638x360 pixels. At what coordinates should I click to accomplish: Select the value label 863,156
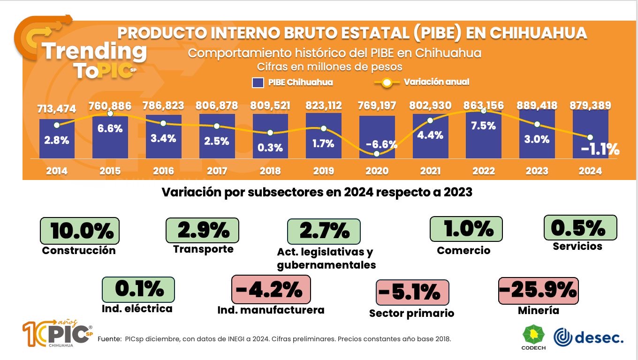point(484,105)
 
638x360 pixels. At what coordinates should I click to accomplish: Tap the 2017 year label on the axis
point(217,171)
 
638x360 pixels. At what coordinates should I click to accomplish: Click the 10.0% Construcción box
point(79,231)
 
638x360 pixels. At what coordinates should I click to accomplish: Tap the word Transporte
point(203,249)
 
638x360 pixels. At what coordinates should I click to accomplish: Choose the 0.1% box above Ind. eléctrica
point(138,290)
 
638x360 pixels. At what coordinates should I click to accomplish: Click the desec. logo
point(589,337)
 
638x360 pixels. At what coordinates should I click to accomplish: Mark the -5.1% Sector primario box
point(412,293)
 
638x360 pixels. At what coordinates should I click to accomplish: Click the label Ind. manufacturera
point(271,310)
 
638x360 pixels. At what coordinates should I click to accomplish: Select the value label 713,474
point(56,109)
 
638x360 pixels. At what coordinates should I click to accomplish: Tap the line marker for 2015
point(110,113)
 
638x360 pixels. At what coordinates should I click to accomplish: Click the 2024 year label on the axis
point(590,171)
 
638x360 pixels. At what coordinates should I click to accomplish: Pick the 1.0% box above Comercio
point(466,228)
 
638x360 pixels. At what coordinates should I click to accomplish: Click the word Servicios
point(577,246)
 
